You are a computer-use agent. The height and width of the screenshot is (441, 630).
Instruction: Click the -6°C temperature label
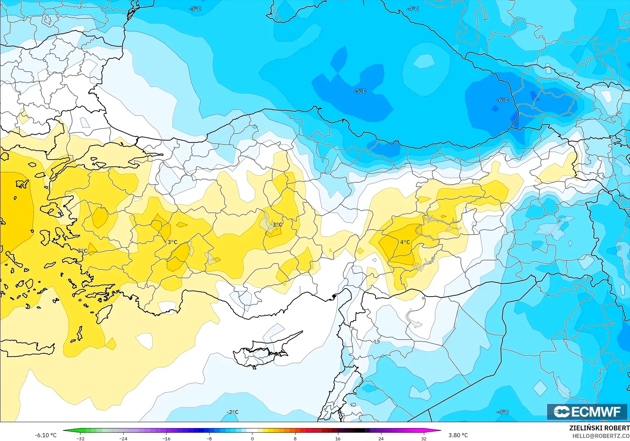502,100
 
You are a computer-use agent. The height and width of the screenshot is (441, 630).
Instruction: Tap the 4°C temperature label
405,242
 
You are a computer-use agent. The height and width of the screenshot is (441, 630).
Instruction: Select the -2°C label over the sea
232,412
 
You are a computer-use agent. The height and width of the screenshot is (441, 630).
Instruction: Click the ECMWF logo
587,412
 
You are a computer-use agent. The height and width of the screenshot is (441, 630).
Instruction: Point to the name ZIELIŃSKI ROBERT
599,428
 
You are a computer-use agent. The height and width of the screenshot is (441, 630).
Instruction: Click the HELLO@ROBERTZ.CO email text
601,436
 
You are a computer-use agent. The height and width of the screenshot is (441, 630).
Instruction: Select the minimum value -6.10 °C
46,435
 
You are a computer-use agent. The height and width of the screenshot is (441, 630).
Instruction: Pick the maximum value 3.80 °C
458,435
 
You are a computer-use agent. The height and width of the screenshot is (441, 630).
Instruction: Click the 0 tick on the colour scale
252,438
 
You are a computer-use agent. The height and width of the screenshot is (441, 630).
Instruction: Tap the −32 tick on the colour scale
80,438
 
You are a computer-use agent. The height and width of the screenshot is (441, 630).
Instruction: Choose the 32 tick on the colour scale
424,438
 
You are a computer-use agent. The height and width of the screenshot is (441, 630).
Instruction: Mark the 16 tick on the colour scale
338,438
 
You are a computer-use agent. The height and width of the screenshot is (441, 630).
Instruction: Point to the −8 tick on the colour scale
209,438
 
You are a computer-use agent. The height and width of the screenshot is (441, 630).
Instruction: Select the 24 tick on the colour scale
381,438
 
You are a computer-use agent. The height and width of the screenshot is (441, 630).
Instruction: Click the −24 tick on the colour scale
123,438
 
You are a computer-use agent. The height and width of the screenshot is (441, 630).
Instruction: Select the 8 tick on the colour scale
295,438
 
